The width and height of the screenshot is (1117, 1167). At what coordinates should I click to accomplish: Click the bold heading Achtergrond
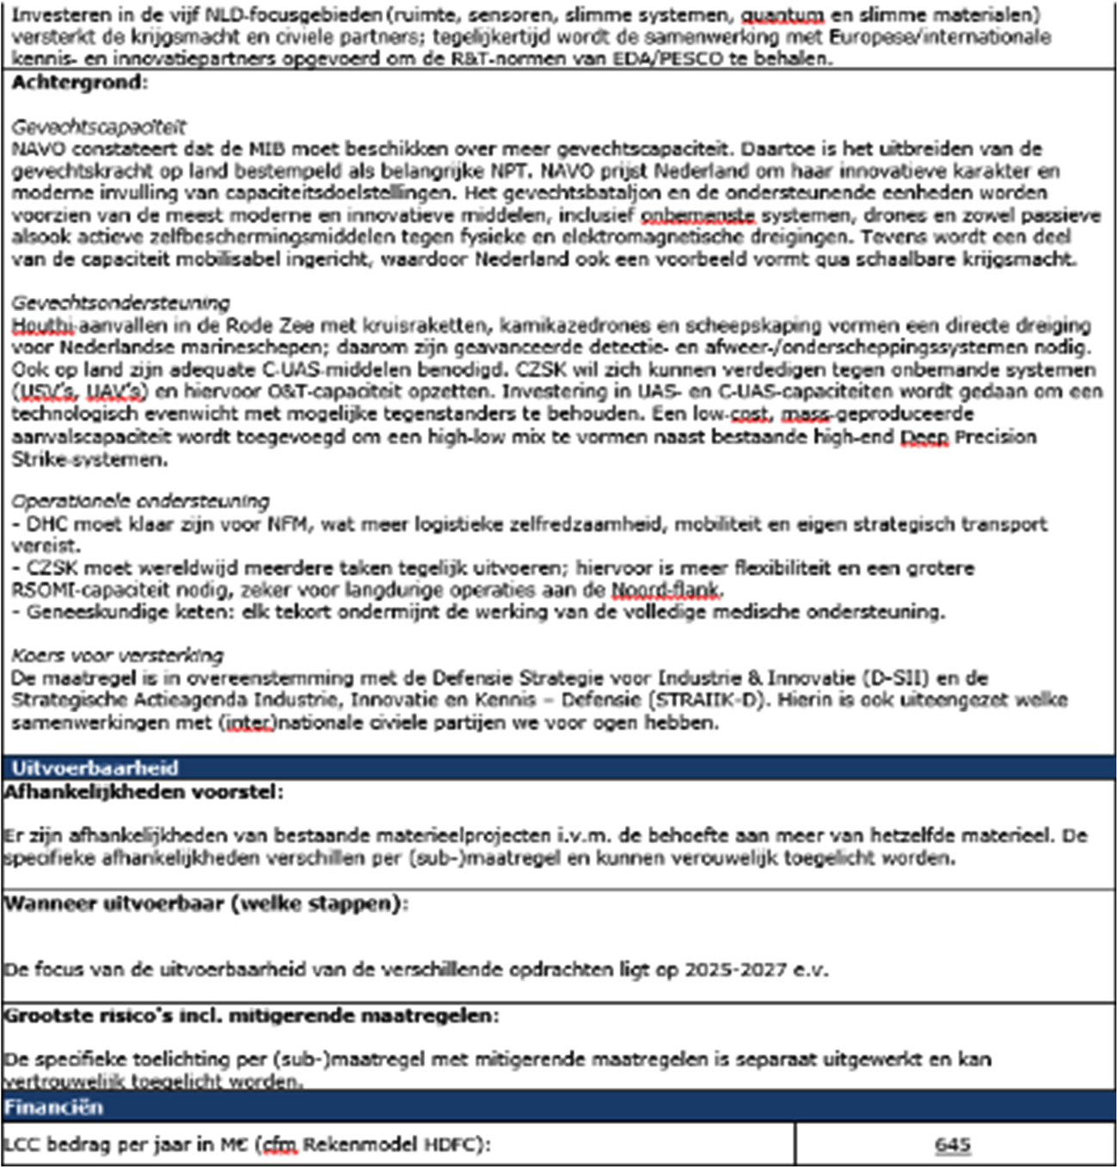point(79,82)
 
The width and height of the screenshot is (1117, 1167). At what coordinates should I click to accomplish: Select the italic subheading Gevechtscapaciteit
point(98,127)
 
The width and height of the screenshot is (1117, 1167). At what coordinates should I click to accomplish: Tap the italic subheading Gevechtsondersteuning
point(120,302)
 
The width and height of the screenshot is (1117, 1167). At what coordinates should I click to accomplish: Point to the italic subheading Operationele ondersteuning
point(140,501)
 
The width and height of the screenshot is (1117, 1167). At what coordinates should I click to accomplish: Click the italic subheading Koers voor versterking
point(117,656)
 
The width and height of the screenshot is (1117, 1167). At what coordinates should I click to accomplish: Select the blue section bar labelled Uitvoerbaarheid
point(95,767)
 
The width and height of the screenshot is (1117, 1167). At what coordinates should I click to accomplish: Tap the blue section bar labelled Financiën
point(53,1107)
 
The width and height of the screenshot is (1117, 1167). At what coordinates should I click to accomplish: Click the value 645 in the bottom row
point(952,1145)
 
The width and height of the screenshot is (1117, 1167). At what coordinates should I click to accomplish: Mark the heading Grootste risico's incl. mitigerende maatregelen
point(251,1016)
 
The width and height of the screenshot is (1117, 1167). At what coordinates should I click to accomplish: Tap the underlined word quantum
point(782,15)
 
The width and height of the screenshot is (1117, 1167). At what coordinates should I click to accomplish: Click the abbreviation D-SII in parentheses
point(900,678)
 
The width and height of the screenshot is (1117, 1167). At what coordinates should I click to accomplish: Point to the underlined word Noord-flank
point(666,590)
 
